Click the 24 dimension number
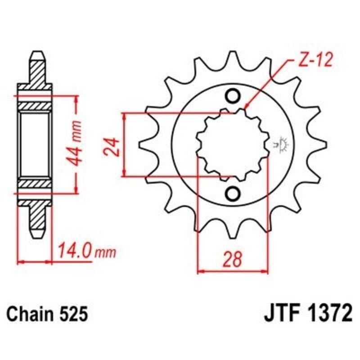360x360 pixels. [x=113, y=146]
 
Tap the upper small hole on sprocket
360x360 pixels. [x=233, y=96]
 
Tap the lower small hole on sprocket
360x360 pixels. [x=233, y=194]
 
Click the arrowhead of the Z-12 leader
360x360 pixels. [x=246, y=108]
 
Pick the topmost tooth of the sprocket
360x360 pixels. [x=233, y=57]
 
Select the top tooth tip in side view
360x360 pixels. [x=37, y=56]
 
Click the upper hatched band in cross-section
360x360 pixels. [x=35, y=106]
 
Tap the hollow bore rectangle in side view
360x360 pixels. [x=35, y=145]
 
